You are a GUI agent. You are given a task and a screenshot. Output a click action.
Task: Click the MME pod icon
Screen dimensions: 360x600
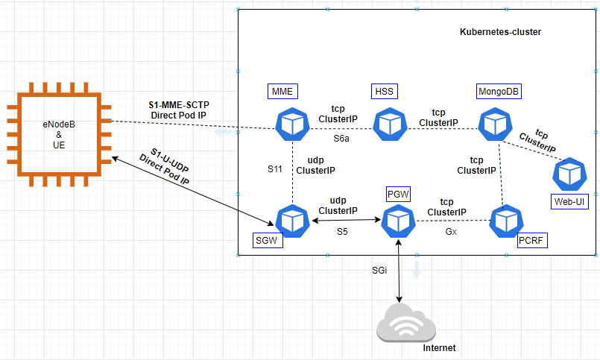coord(291,124)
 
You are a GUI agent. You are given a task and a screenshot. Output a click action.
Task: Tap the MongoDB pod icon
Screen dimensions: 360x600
coord(493,124)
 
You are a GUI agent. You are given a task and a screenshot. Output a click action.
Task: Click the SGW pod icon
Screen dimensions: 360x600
coord(291,221)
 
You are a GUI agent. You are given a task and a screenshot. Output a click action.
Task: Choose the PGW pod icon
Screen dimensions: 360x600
coord(399,221)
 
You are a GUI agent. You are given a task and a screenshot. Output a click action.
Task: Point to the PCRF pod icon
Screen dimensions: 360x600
coord(507,221)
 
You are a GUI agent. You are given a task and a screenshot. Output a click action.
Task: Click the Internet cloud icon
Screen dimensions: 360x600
coord(405,323)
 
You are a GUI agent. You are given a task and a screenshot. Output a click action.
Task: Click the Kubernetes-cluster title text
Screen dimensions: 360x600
coord(500,32)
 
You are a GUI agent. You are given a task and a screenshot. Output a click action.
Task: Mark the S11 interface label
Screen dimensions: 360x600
coord(276,170)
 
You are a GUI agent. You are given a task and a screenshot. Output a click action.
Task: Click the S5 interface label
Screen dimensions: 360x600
coord(341,232)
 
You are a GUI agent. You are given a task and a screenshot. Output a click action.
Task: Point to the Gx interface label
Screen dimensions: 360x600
coord(451,232)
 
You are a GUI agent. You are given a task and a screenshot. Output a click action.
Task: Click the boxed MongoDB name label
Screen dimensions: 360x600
coord(499,92)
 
